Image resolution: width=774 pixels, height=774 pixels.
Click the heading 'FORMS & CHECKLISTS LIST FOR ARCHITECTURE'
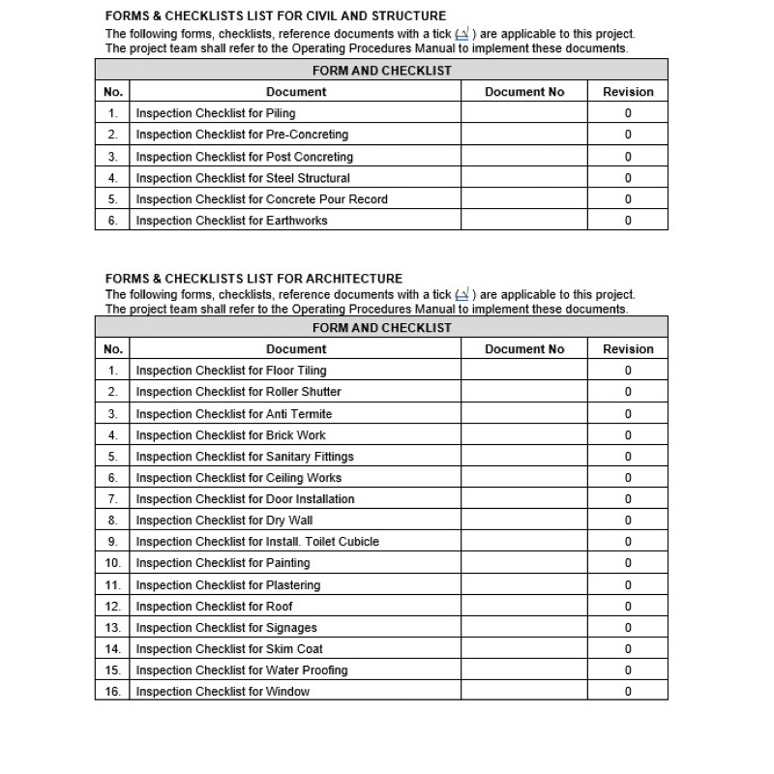coord(253,279)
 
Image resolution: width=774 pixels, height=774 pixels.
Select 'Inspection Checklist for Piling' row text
coord(216,113)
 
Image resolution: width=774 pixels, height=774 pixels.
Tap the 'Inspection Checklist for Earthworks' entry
coord(231,221)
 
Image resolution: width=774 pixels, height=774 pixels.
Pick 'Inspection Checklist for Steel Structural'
coord(243,178)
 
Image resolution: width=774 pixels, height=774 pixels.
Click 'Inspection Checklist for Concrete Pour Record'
coord(261,199)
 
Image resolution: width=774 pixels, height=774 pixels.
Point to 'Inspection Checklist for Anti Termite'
coord(233,414)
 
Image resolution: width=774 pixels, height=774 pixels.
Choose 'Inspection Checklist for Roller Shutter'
coord(238,392)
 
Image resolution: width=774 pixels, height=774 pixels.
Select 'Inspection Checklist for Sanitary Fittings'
coord(245,457)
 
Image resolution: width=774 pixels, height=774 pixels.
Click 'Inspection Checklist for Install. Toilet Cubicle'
coord(257,542)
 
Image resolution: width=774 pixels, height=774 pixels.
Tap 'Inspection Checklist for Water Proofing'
coord(242,670)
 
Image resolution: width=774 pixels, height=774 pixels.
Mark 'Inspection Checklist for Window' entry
coord(223,692)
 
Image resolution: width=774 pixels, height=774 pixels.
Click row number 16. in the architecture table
coord(112,692)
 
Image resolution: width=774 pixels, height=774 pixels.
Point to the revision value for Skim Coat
coord(628,649)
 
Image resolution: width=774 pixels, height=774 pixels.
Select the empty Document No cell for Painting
coord(523,563)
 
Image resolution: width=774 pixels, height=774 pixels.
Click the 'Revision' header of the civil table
coord(628,92)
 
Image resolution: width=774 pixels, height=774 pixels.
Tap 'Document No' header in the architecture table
coord(523,349)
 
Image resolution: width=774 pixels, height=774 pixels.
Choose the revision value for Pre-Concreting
coord(628,134)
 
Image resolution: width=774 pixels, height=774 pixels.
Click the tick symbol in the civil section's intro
coord(464,34)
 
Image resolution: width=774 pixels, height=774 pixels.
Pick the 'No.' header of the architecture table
coord(112,349)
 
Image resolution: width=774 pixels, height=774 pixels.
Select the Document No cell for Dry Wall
coord(523,521)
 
